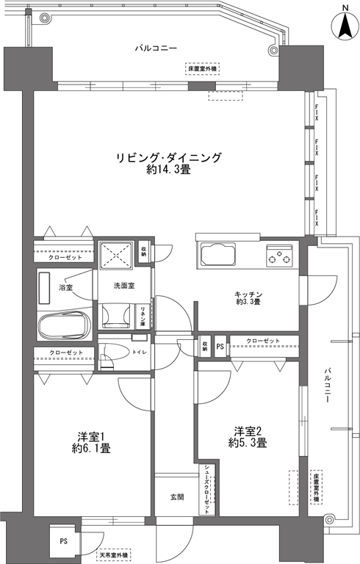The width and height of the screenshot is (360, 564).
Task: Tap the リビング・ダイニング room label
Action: coord(168,158)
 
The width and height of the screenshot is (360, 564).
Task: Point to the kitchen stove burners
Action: coord(279,256)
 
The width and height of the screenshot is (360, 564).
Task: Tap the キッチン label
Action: coord(248,294)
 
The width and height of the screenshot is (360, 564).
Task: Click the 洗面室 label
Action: coord(124,286)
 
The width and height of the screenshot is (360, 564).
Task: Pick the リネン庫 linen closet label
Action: coord(143,317)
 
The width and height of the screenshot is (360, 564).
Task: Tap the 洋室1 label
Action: coord(91,437)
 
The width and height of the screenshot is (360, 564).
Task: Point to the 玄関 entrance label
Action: coord(177,497)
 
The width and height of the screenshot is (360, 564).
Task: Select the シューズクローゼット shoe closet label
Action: coord(207,490)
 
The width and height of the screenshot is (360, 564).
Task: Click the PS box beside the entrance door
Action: coord(63,540)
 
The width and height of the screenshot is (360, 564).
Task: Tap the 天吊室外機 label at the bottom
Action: coord(114,555)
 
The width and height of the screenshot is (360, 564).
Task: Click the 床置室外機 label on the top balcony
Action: coord(203,69)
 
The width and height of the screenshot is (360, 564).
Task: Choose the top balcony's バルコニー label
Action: coord(156,48)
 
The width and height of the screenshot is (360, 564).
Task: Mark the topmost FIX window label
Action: coord(317,112)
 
